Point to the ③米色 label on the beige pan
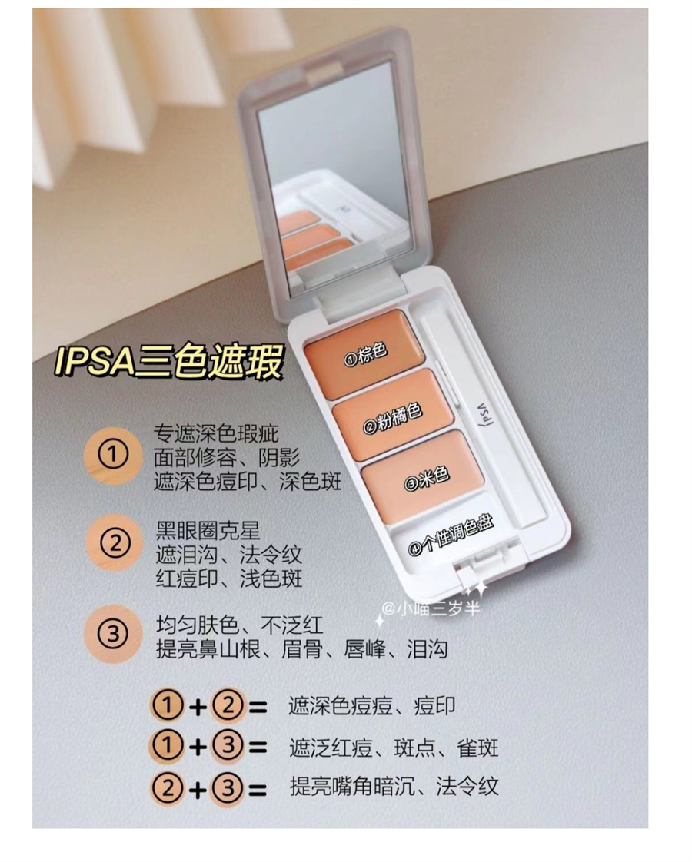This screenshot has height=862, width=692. pos(427,478)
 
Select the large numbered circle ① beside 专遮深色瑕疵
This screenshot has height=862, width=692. pos(113,455)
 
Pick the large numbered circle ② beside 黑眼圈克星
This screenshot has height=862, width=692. pos(115,543)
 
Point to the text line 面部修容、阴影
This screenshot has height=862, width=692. pos(227,458)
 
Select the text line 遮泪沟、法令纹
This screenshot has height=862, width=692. pos(229,555)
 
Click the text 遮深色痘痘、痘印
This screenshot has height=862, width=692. pos(372,706)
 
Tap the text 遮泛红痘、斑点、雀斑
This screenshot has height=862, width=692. pos(394,748)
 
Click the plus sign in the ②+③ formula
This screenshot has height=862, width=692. pos(198,790)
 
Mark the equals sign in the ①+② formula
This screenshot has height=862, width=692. pos(258,707)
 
